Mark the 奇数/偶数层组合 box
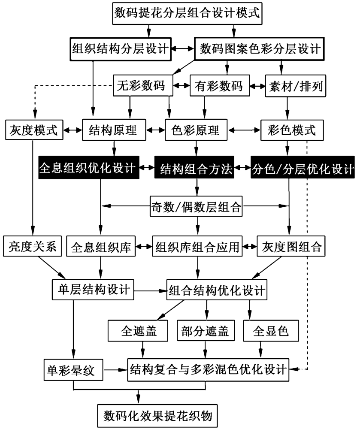point(197,206)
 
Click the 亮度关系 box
point(33,246)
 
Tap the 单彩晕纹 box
point(74,369)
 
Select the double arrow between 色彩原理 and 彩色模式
point(244,130)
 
